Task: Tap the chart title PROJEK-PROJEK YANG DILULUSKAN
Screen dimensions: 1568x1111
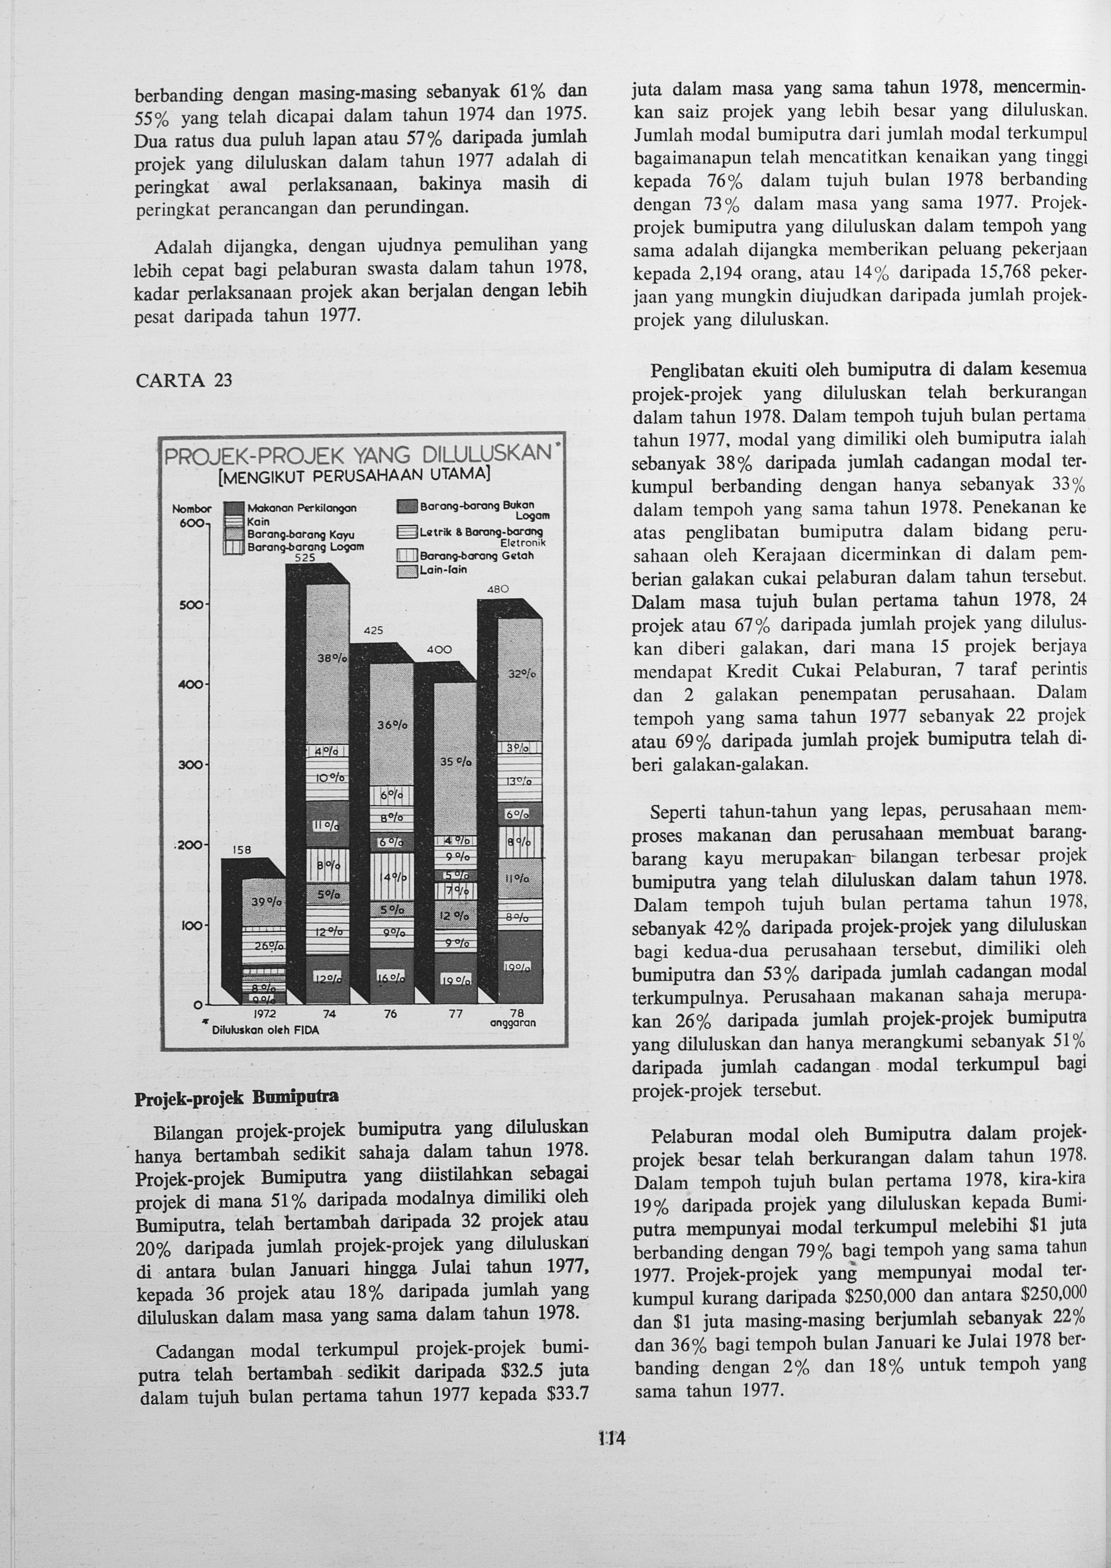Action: (x=357, y=454)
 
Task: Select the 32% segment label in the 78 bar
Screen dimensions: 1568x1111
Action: (x=521, y=674)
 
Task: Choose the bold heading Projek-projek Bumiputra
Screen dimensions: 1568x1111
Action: (x=236, y=1097)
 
